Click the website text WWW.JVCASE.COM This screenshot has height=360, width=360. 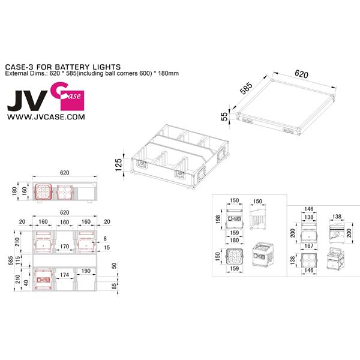[46, 118]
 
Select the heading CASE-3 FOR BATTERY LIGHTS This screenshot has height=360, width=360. [63, 67]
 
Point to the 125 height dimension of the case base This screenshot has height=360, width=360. [118, 164]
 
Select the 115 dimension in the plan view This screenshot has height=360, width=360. [19, 261]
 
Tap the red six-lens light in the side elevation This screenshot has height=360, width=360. [46, 191]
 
